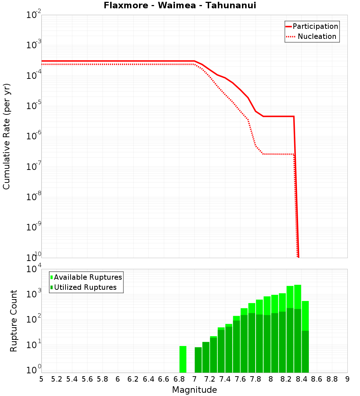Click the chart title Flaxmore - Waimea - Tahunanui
click(x=180, y=5)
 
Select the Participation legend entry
click(x=312, y=26)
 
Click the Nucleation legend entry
click(x=312, y=37)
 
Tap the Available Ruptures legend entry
click(x=86, y=277)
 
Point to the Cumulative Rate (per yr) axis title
click(x=6, y=136)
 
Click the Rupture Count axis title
click(x=14, y=320)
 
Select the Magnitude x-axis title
click(x=194, y=390)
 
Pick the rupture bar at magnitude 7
click(x=198, y=360)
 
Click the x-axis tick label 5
click(x=41, y=379)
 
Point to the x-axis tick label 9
click(x=347, y=379)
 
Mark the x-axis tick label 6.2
click(x=133, y=379)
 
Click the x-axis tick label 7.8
click(x=256, y=379)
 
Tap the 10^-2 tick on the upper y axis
click(x=34, y=15)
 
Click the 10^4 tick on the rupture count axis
click(x=34, y=269)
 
